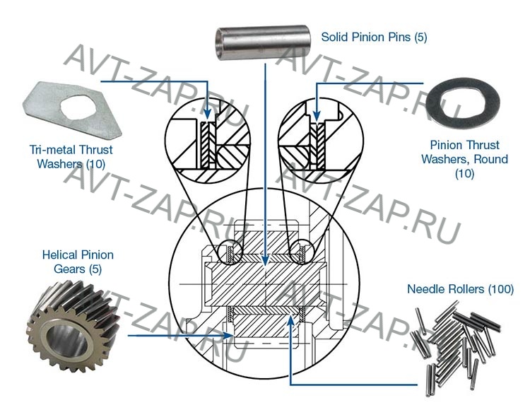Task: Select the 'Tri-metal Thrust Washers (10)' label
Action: pos(71,157)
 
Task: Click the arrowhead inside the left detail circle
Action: pos(206,115)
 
